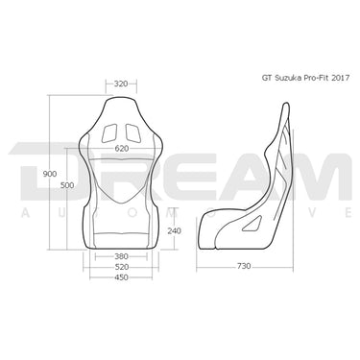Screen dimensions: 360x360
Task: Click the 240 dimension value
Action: pos(173,230)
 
